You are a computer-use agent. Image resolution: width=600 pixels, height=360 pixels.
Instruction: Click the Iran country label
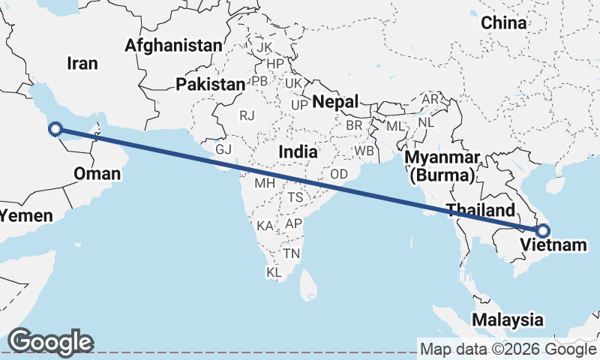(x=82, y=63)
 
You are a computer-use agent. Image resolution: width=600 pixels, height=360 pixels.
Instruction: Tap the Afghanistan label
(x=173, y=46)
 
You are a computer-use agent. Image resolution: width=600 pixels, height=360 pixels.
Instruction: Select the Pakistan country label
(x=211, y=85)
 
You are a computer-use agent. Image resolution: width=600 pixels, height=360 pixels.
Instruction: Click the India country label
(x=298, y=152)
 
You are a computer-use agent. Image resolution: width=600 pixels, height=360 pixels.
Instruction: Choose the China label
(x=504, y=22)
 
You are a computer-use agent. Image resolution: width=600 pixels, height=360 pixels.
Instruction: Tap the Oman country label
(x=97, y=175)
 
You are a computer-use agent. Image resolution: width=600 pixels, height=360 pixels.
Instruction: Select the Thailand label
(x=481, y=210)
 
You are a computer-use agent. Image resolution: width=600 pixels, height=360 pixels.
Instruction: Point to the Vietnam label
(x=553, y=244)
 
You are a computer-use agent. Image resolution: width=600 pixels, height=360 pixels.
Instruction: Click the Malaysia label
(x=508, y=319)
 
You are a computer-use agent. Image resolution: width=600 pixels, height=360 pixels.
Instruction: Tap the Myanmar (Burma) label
(x=442, y=166)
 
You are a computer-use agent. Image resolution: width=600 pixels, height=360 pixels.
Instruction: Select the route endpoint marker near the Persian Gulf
(x=55, y=129)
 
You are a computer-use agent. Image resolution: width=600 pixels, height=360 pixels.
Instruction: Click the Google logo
(x=50, y=342)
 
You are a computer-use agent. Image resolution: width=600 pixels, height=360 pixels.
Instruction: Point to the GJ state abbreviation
(x=223, y=148)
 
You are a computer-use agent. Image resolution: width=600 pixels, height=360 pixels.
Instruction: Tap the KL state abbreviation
(x=274, y=272)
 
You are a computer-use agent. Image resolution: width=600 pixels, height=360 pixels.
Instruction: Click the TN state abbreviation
(x=292, y=253)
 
